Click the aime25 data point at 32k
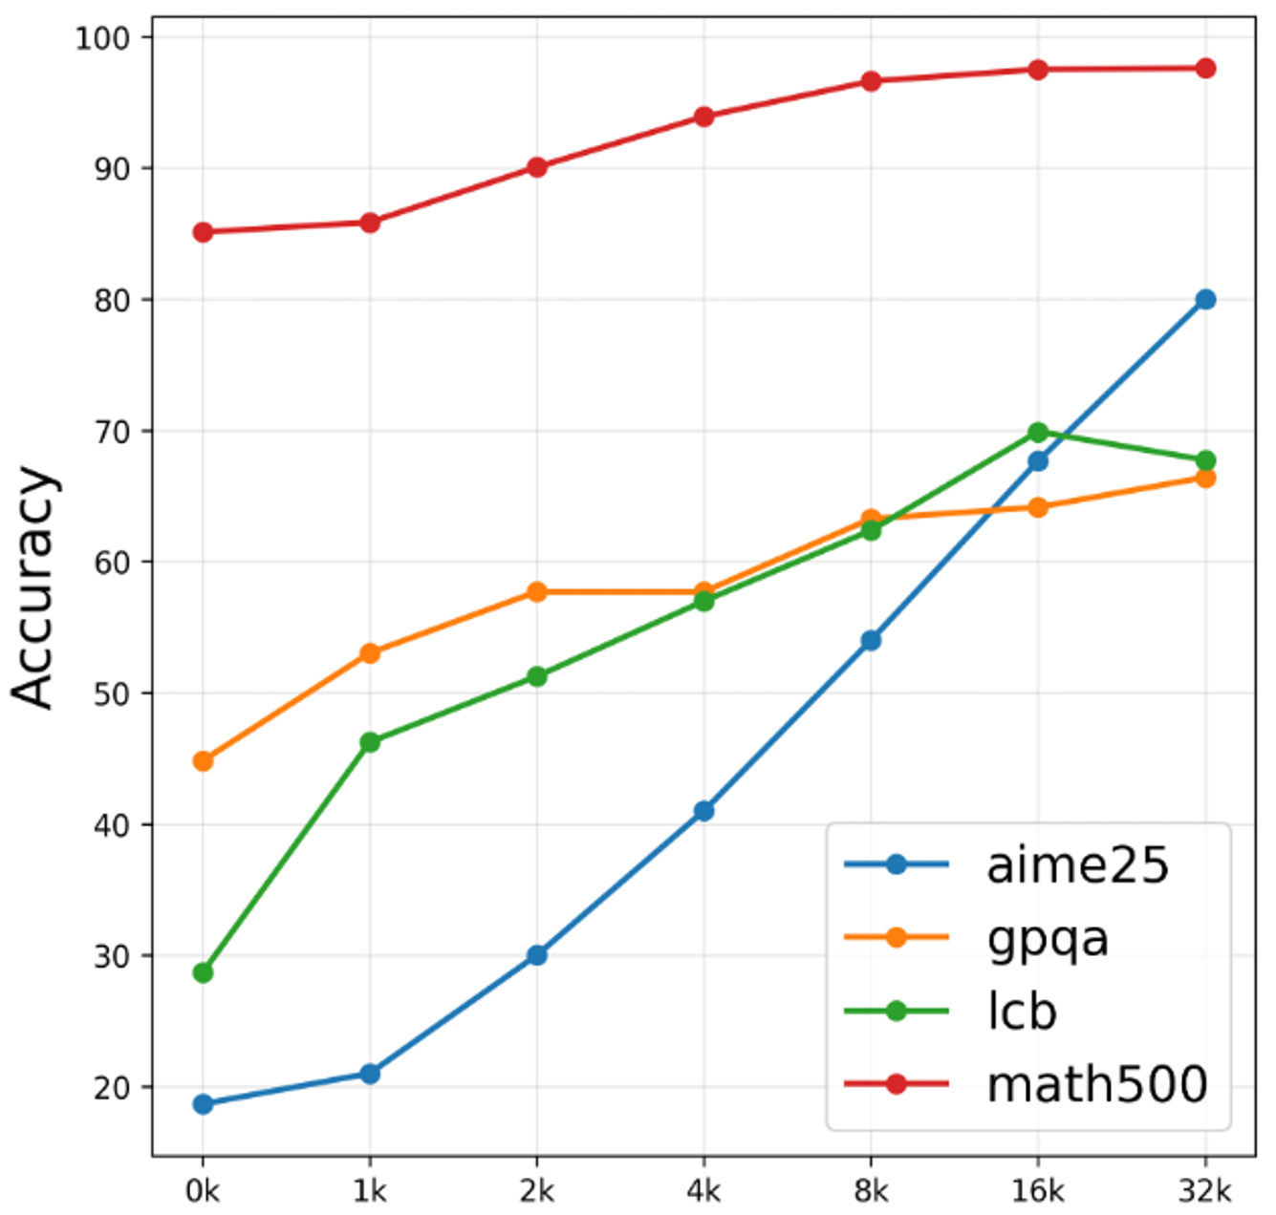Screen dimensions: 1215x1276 [x=1205, y=300]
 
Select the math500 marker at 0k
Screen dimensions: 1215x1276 [x=203, y=232]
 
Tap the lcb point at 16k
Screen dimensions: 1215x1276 [x=1038, y=433]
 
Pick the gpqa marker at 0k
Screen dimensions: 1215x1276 [x=203, y=761]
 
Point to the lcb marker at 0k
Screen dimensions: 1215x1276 [x=203, y=973]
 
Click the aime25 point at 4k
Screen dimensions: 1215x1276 [x=703, y=811]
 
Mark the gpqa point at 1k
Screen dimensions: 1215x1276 [x=370, y=653]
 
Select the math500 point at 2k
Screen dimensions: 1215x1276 [x=537, y=167]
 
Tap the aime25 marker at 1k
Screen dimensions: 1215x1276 [x=370, y=1074]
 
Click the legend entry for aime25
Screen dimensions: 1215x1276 [x=1077, y=865]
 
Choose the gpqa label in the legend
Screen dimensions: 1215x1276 [x=1048, y=938]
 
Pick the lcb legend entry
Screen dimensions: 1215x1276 [x=1021, y=1012]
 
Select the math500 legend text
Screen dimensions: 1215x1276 [x=1096, y=1084]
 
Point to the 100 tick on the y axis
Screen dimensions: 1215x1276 [x=101, y=38]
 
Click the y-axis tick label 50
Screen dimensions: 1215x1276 [x=111, y=693]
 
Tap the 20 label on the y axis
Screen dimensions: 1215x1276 [x=111, y=1087]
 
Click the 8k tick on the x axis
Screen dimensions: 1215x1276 [x=871, y=1191]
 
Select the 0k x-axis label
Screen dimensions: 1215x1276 [x=203, y=1191]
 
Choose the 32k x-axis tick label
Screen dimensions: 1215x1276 [x=1205, y=1191]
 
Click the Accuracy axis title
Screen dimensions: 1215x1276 [x=34, y=587]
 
